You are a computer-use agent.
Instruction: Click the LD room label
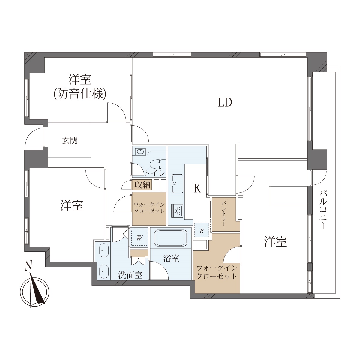(x=225, y=102)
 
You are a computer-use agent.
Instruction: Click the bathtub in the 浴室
(x=171, y=238)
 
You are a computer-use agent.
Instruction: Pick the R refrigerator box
(x=202, y=231)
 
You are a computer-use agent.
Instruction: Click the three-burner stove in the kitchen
(x=177, y=211)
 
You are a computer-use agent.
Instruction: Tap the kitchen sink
(x=177, y=184)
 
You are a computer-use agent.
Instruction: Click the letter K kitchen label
(x=197, y=188)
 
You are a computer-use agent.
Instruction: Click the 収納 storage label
(x=142, y=185)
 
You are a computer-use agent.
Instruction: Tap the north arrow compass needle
(x=37, y=291)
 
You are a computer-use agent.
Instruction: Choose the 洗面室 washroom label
(x=130, y=275)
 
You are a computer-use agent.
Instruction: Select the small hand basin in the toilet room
(x=140, y=151)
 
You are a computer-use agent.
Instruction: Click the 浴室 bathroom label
(x=171, y=258)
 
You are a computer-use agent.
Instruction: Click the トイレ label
(x=155, y=173)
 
